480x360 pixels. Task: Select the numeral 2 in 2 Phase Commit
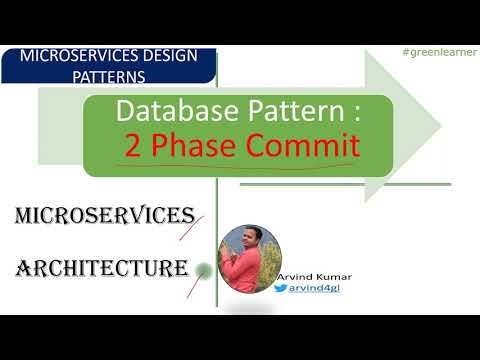click(x=133, y=147)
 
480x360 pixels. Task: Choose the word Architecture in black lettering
click(x=100, y=268)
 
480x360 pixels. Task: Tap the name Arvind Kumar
click(x=320, y=276)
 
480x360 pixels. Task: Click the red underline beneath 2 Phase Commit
click(x=240, y=165)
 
